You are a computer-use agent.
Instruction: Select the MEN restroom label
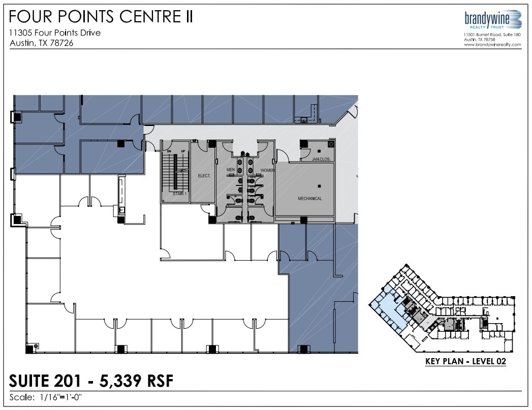tap(230, 170)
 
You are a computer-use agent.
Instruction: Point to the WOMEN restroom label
tap(268, 170)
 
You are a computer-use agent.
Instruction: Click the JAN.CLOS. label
tap(322, 159)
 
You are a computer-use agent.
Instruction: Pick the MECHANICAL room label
tap(310, 198)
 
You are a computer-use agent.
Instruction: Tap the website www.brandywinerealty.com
tap(492, 44)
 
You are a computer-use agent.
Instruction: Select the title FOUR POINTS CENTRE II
tap(101, 17)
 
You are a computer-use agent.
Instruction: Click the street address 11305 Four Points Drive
tap(55, 33)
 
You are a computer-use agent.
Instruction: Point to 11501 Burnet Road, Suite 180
tap(492, 34)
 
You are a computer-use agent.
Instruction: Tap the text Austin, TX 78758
tap(480, 39)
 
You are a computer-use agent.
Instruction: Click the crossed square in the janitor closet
tap(331, 145)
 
